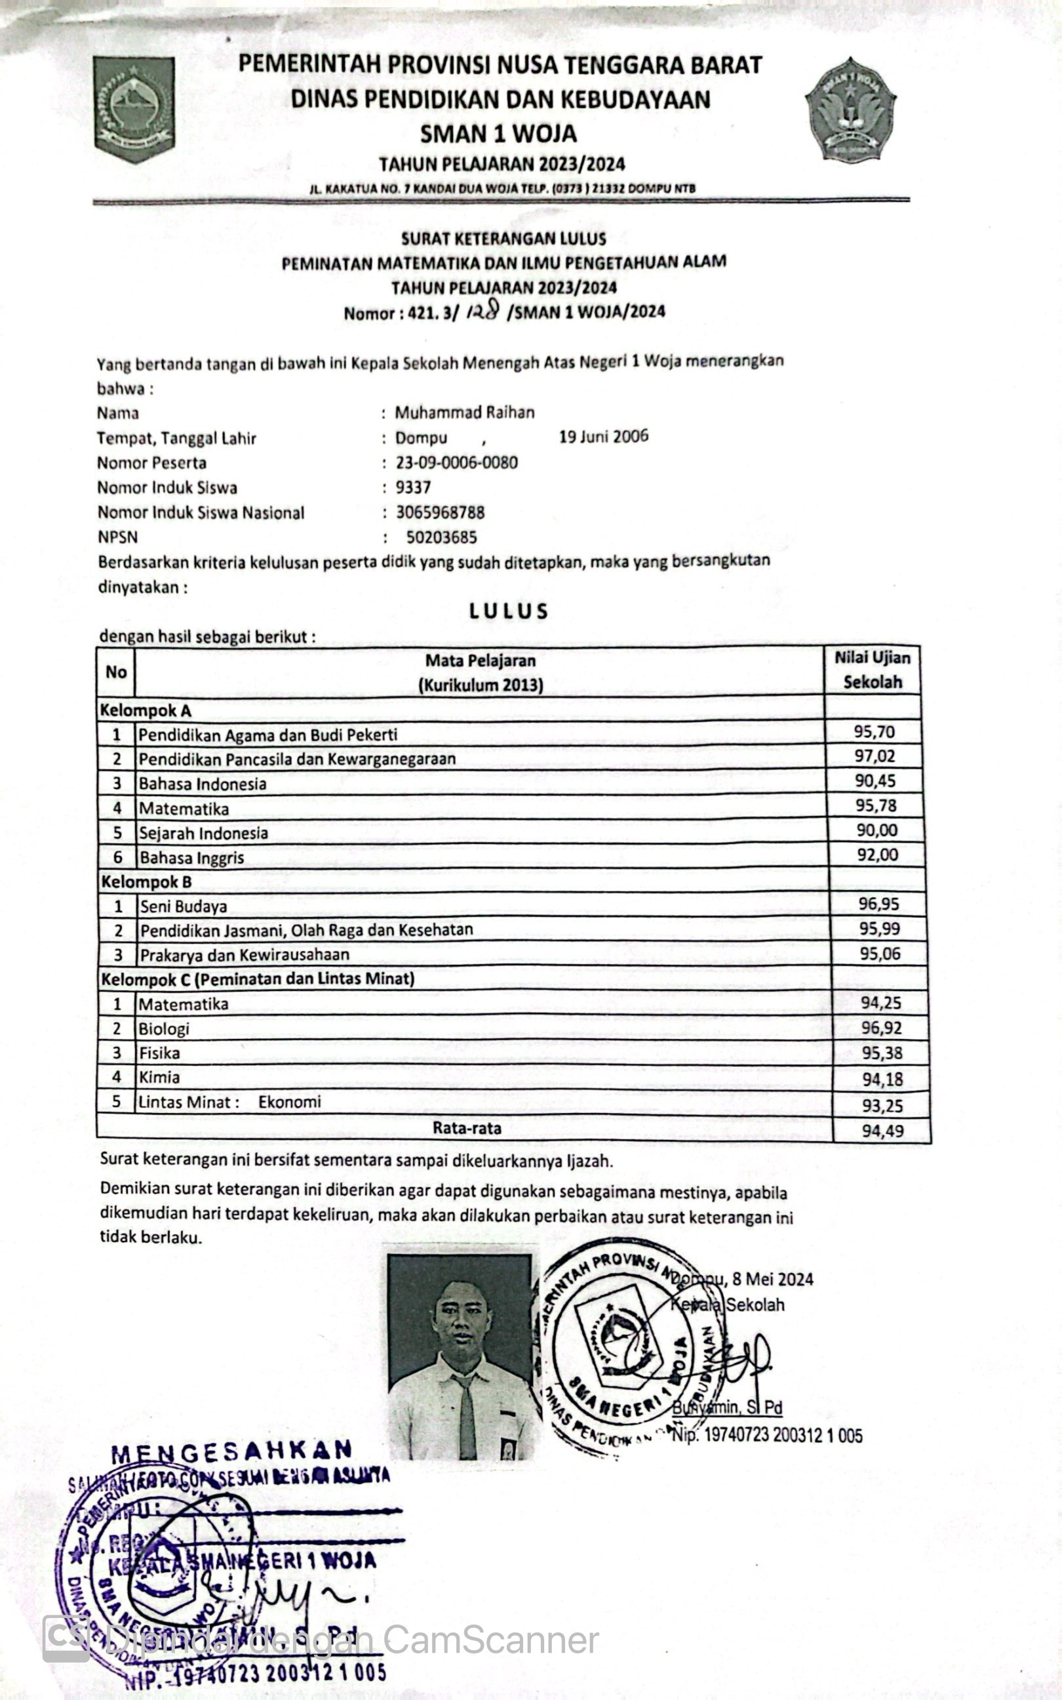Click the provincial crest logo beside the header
134,109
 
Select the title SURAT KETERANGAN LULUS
503,239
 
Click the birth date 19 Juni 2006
603,436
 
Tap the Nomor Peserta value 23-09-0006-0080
456,462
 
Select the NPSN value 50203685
442,537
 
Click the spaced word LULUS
509,611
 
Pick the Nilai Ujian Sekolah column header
873,670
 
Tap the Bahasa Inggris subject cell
191,857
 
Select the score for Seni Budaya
879,904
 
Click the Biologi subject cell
165,1028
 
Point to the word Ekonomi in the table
289,1101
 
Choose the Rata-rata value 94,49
882,1131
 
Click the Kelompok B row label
146,881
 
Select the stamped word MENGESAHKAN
232,1449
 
